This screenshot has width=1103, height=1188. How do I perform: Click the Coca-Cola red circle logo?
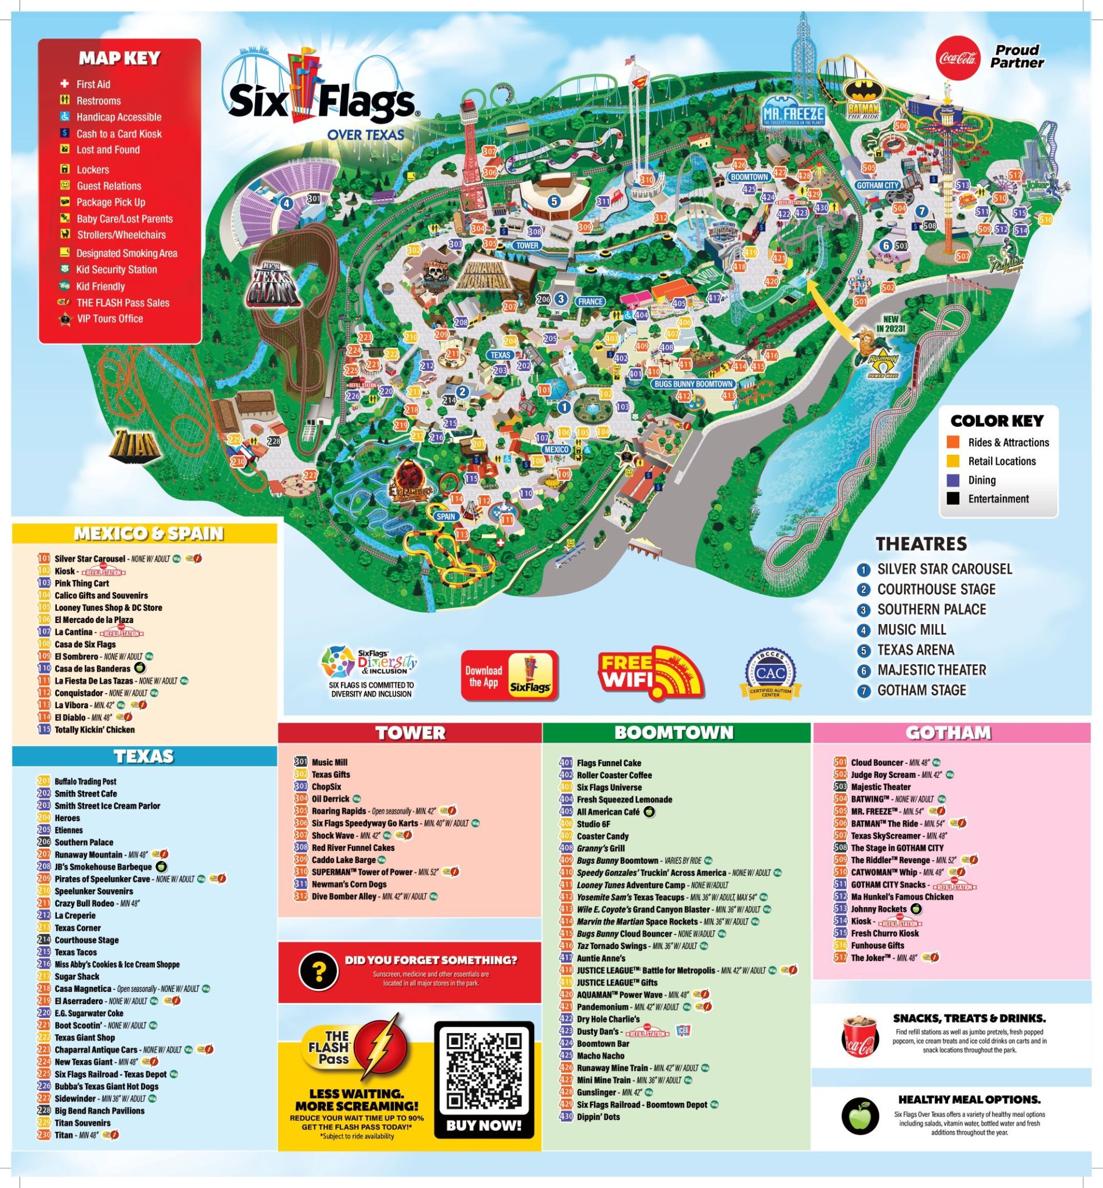coord(958,58)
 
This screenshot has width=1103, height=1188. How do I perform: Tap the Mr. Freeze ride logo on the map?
coord(793,114)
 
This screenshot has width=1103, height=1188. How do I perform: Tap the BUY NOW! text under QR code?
coord(484,1126)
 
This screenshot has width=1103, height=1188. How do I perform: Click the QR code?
coord(484,1071)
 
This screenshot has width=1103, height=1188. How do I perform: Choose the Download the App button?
coord(509,676)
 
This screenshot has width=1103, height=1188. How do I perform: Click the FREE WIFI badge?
coord(651,673)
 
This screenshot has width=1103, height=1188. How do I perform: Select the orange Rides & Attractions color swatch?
coord(953,443)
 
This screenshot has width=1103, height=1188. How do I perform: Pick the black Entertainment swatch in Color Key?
coord(953,498)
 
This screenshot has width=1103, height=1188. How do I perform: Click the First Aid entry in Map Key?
coord(93,84)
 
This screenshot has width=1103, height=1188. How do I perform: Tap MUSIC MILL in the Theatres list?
coord(911,629)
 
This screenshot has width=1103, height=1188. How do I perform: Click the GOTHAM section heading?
coord(948,733)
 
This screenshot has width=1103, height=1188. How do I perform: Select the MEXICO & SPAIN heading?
coord(148,534)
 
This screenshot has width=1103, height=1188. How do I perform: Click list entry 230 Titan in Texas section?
coord(64,1135)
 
